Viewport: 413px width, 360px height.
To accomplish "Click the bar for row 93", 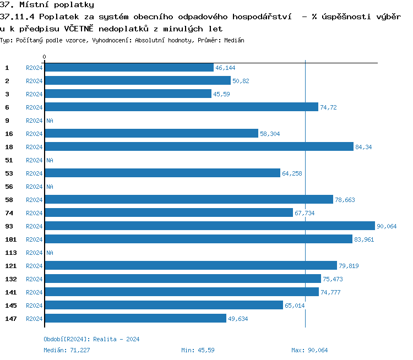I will pyautogui.click(x=209, y=226).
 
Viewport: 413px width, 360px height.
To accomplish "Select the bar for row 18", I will pyautogui.click(x=198, y=147).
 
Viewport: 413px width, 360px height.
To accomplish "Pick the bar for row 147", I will pyautogui.click(x=135, y=319).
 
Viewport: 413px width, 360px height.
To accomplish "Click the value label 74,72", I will pyautogui.click(x=328, y=107).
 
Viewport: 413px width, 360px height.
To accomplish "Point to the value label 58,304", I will pyautogui.click(x=270, y=134).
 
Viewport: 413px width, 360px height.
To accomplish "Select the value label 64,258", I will pyautogui.click(x=292, y=173).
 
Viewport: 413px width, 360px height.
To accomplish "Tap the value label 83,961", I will pyautogui.click(x=364, y=239).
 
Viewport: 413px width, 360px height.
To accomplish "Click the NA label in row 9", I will pyautogui.click(x=50, y=121).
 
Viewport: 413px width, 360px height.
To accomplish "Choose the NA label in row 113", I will pyautogui.click(x=50, y=253).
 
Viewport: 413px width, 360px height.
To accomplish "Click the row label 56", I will pyautogui.click(x=9, y=187).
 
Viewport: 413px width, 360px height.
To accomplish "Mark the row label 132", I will pyautogui.click(x=11, y=279).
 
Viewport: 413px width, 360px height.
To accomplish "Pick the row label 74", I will pyautogui.click(x=9, y=213).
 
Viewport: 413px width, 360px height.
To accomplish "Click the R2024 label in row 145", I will pyautogui.click(x=34, y=306).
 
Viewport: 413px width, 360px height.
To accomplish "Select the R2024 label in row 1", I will pyautogui.click(x=34, y=68).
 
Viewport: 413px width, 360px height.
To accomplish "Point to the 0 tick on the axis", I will pyautogui.click(x=45, y=57).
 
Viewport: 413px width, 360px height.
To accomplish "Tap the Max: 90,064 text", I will pyautogui.click(x=309, y=350).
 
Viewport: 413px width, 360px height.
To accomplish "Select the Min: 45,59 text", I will pyautogui.click(x=198, y=350).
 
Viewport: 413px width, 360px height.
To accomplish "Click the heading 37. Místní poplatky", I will pyautogui.click(x=47, y=5).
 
